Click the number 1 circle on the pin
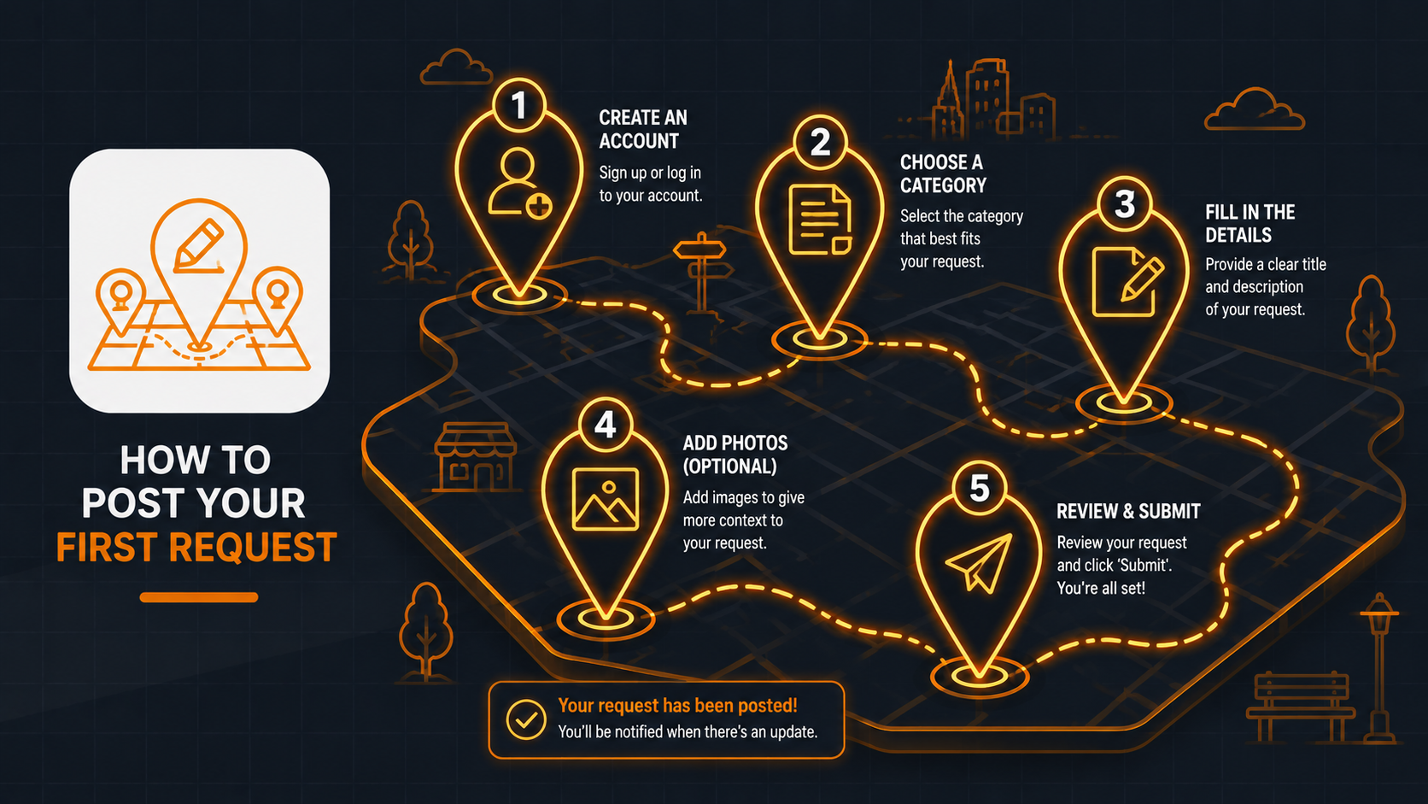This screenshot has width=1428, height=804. [x=519, y=105]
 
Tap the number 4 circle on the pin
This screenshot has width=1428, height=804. [x=605, y=425]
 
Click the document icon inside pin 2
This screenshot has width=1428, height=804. [x=820, y=220]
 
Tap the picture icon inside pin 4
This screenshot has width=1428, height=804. [x=605, y=499]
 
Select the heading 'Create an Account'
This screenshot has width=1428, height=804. [x=642, y=129]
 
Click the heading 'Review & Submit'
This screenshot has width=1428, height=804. [x=1128, y=511]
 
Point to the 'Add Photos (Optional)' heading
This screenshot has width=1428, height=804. [x=735, y=455]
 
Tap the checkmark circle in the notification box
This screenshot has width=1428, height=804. [x=526, y=719]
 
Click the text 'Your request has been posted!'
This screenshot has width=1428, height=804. [x=677, y=705]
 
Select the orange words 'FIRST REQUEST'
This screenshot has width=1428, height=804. [x=196, y=547]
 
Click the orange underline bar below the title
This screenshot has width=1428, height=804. [x=199, y=597]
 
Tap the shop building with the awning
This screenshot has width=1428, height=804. [x=475, y=456]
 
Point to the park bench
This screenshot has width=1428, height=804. [x=1301, y=707]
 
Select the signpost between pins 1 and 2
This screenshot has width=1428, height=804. [x=702, y=273]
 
